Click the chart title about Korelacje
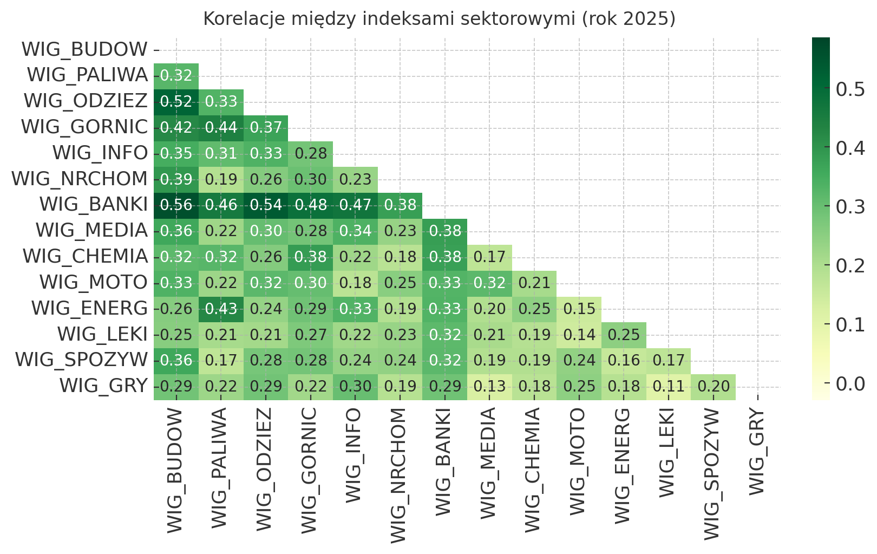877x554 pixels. [439, 19]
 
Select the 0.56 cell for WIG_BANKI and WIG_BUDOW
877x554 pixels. [176, 205]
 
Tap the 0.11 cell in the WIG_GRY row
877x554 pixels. [669, 387]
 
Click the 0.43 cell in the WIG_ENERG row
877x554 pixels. [221, 309]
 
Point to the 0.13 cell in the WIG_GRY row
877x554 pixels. [489, 387]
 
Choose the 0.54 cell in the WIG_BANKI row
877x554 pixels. [266, 205]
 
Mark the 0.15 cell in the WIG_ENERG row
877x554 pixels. [579, 309]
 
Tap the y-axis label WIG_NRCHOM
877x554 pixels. [80, 179]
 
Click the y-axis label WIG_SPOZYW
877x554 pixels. [81, 360]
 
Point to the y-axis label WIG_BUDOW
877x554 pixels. [84, 50]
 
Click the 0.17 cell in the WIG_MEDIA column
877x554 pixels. [489, 257]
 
